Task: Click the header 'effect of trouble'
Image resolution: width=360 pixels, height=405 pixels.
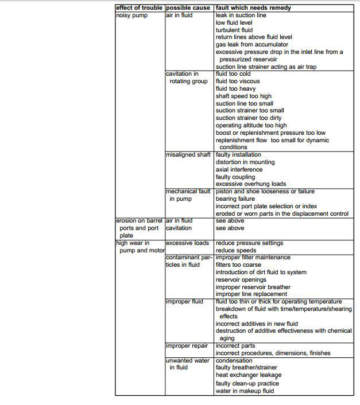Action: click(x=140, y=8)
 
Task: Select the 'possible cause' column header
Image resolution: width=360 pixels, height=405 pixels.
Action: click(x=188, y=8)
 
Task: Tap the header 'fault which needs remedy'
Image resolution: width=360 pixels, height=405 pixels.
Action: click(x=253, y=8)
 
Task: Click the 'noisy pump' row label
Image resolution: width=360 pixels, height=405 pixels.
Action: click(x=132, y=15)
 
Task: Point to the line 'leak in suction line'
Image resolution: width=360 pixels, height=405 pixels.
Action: click(x=241, y=15)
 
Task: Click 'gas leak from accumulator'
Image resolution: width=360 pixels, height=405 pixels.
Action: click(x=252, y=44)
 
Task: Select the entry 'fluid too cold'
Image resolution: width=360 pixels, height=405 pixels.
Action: click(x=234, y=74)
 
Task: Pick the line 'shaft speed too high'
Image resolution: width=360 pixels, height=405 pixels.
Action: click(x=243, y=96)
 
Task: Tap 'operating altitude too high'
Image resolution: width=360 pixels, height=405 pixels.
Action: click(x=251, y=126)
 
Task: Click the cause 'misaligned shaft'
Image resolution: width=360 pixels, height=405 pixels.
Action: click(x=188, y=155)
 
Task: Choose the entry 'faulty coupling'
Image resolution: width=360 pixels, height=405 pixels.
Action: click(x=235, y=177)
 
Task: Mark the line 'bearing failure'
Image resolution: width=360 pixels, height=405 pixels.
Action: click(x=235, y=199)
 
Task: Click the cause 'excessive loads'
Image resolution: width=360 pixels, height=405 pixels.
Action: click(x=188, y=243)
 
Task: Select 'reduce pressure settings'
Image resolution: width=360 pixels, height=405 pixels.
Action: click(x=249, y=243)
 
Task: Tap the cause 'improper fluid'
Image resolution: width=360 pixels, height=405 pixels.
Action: click(x=184, y=302)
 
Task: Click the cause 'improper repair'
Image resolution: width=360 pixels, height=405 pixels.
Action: click(x=187, y=346)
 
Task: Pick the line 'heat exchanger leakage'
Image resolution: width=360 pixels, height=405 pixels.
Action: click(x=249, y=375)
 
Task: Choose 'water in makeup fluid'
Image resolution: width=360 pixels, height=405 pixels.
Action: click(x=245, y=391)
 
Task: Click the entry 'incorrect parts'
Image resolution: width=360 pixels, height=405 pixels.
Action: click(x=235, y=346)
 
